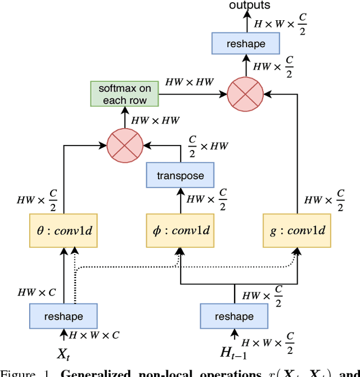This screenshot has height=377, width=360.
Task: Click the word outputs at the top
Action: tap(249, 6)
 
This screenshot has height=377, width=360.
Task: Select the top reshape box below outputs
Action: tap(245, 43)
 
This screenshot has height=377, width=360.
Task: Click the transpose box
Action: tap(180, 175)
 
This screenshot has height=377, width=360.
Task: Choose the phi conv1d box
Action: tap(179, 231)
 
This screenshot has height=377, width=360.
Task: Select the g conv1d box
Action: tap(298, 231)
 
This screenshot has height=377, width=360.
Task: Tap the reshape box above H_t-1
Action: tap(234, 316)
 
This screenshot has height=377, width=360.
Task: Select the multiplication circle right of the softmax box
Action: tap(245, 94)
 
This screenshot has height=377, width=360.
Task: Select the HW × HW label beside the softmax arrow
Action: tap(190, 82)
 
